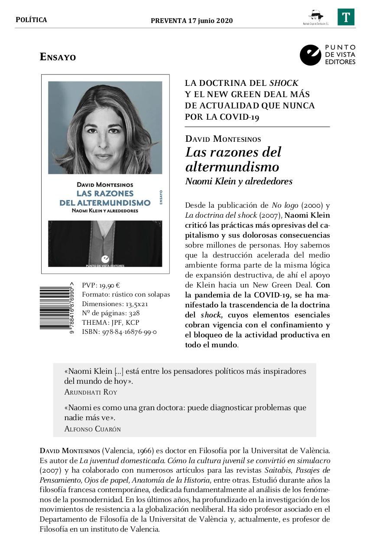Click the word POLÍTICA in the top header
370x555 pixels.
pyautogui.click(x=31, y=20)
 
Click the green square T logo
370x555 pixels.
pyautogui.click(x=346, y=17)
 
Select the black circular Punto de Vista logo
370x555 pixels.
pyautogui.click(x=310, y=55)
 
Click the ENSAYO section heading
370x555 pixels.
pyautogui.click(x=58, y=57)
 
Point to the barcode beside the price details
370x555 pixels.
pyautogui.click(x=55, y=307)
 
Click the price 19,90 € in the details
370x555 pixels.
pyautogui.click(x=109, y=285)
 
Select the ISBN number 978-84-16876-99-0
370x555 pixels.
pyautogui.click(x=129, y=332)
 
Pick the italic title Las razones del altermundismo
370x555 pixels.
pyautogui.click(x=233, y=159)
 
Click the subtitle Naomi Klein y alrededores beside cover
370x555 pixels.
pyautogui.click(x=239, y=182)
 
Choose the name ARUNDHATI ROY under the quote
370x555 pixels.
pyautogui.click(x=91, y=392)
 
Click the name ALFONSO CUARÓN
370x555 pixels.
pyautogui.click(x=92, y=429)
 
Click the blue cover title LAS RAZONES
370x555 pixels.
pyautogui.click(x=105, y=193)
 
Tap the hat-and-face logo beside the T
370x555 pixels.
pyautogui.click(x=315, y=16)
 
